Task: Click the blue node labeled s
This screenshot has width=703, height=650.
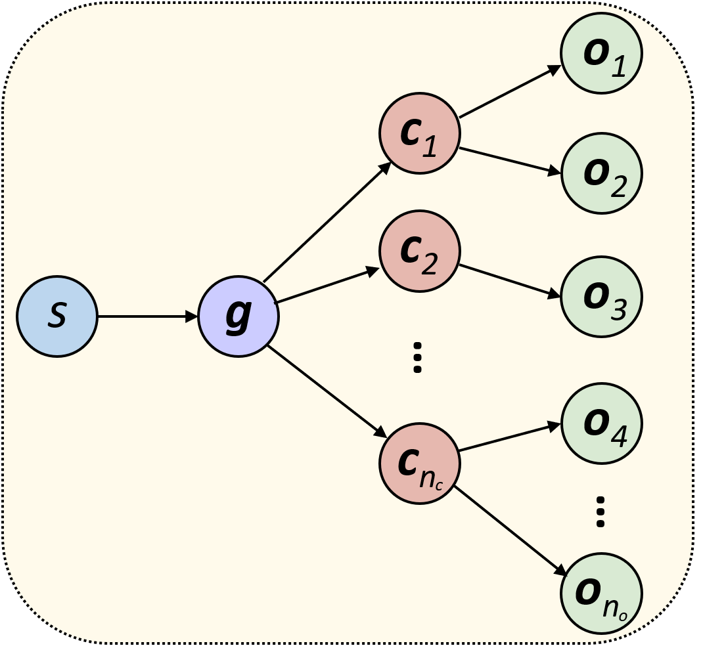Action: (x=57, y=316)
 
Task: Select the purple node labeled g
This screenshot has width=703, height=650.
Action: (x=238, y=316)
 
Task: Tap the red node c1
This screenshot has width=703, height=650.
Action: (x=420, y=134)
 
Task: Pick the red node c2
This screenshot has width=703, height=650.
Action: (x=420, y=251)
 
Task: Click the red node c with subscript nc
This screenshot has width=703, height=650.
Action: (x=420, y=464)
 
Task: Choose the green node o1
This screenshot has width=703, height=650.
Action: (x=601, y=53)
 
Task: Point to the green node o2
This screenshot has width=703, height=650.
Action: (x=601, y=173)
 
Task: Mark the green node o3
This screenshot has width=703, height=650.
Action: (x=601, y=297)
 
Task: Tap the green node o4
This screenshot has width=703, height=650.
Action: (x=601, y=423)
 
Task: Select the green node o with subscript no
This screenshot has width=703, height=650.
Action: (x=601, y=594)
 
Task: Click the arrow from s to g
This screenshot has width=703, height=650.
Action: (x=148, y=316)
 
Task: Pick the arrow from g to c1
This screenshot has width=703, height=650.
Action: (x=327, y=223)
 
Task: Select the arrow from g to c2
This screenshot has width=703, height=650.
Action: (x=327, y=286)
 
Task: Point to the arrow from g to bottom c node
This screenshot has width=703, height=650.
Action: (x=327, y=391)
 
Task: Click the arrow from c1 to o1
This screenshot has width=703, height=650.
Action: (x=510, y=91)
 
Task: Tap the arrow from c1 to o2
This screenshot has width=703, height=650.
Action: (x=510, y=161)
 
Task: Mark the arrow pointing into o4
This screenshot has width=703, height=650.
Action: (x=510, y=437)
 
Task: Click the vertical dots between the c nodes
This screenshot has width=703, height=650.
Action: (x=417, y=358)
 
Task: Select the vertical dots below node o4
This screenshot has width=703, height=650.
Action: (x=600, y=512)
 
